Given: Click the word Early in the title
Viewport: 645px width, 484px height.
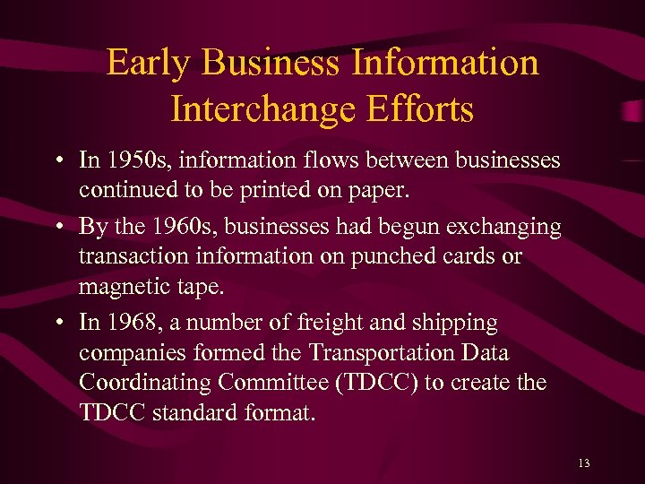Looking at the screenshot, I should click(150, 63).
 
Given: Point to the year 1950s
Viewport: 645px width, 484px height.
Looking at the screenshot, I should click(133, 160).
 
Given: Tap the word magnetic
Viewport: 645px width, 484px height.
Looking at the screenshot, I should click(124, 286).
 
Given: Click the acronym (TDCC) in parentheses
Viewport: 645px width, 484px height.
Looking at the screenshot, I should click(375, 382).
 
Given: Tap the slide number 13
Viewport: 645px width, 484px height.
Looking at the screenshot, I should click(584, 462).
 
